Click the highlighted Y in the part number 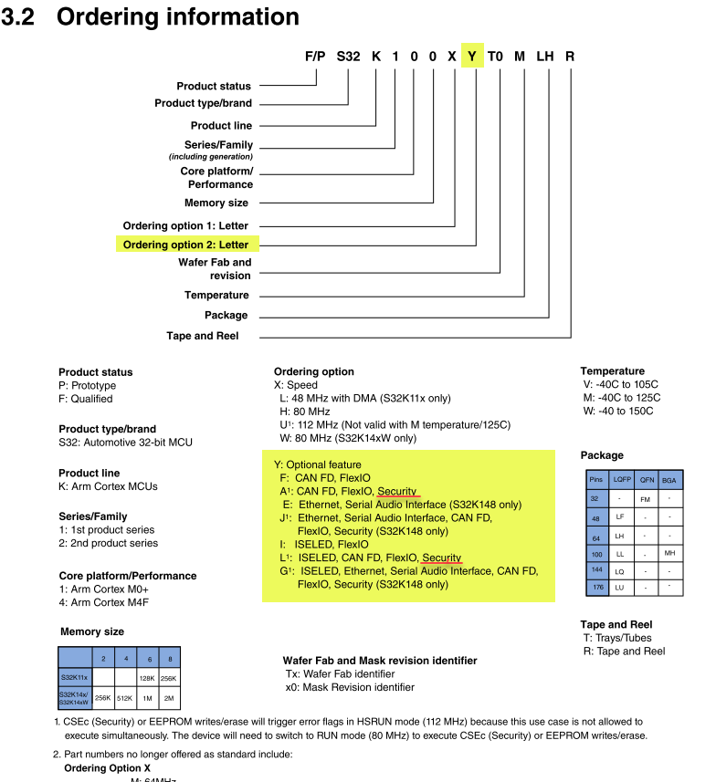pyautogui.click(x=472, y=56)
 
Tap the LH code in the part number pyautogui.click(x=545, y=56)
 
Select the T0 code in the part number pyautogui.click(x=495, y=56)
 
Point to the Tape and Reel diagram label pyautogui.click(x=202, y=336)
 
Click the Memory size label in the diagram pyautogui.click(x=216, y=203)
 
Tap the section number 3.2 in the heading pyautogui.click(x=18, y=16)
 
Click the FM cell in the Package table pyautogui.click(x=645, y=499)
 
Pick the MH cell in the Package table pyautogui.click(x=669, y=553)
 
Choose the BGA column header pyautogui.click(x=669, y=478)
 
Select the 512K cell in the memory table pyautogui.click(x=126, y=698)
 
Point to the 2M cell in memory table pyautogui.click(x=169, y=698)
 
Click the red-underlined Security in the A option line pyautogui.click(x=398, y=491)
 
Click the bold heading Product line pyautogui.click(x=89, y=473)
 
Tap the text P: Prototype pyautogui.click(x=88, y=385)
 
